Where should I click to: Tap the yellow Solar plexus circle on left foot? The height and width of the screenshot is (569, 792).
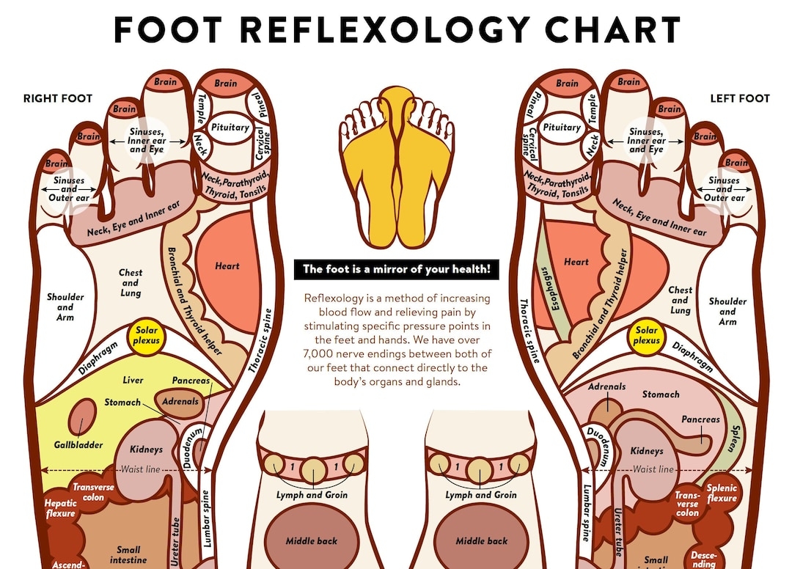[x=646, y=336]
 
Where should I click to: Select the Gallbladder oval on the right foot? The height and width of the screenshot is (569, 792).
[x=81, y=416]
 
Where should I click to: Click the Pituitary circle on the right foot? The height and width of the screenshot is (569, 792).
[x=230, y=127]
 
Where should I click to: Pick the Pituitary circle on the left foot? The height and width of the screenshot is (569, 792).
[x=561, y=127]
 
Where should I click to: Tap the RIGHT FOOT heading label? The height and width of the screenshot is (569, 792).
[x=58, y=98]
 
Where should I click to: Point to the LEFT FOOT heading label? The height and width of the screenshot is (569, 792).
[x=740, y=98]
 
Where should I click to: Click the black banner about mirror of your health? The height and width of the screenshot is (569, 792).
[x=397, y=269]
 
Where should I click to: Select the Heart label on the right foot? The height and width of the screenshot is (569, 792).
[x=227, y=265]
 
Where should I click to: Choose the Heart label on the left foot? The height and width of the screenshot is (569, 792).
[x=576, y=262]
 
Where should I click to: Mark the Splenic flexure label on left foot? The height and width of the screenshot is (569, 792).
[x=722, y=493]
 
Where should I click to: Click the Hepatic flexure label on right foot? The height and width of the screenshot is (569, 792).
[x=60, y=508]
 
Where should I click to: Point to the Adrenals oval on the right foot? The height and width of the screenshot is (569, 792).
[x=180, y=402]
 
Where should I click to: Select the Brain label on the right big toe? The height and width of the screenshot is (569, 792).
[x=226, y=83]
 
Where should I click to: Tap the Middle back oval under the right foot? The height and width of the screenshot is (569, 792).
[x=312, y=540]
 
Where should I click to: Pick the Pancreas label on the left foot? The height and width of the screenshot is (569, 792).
[x=700, y=420]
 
